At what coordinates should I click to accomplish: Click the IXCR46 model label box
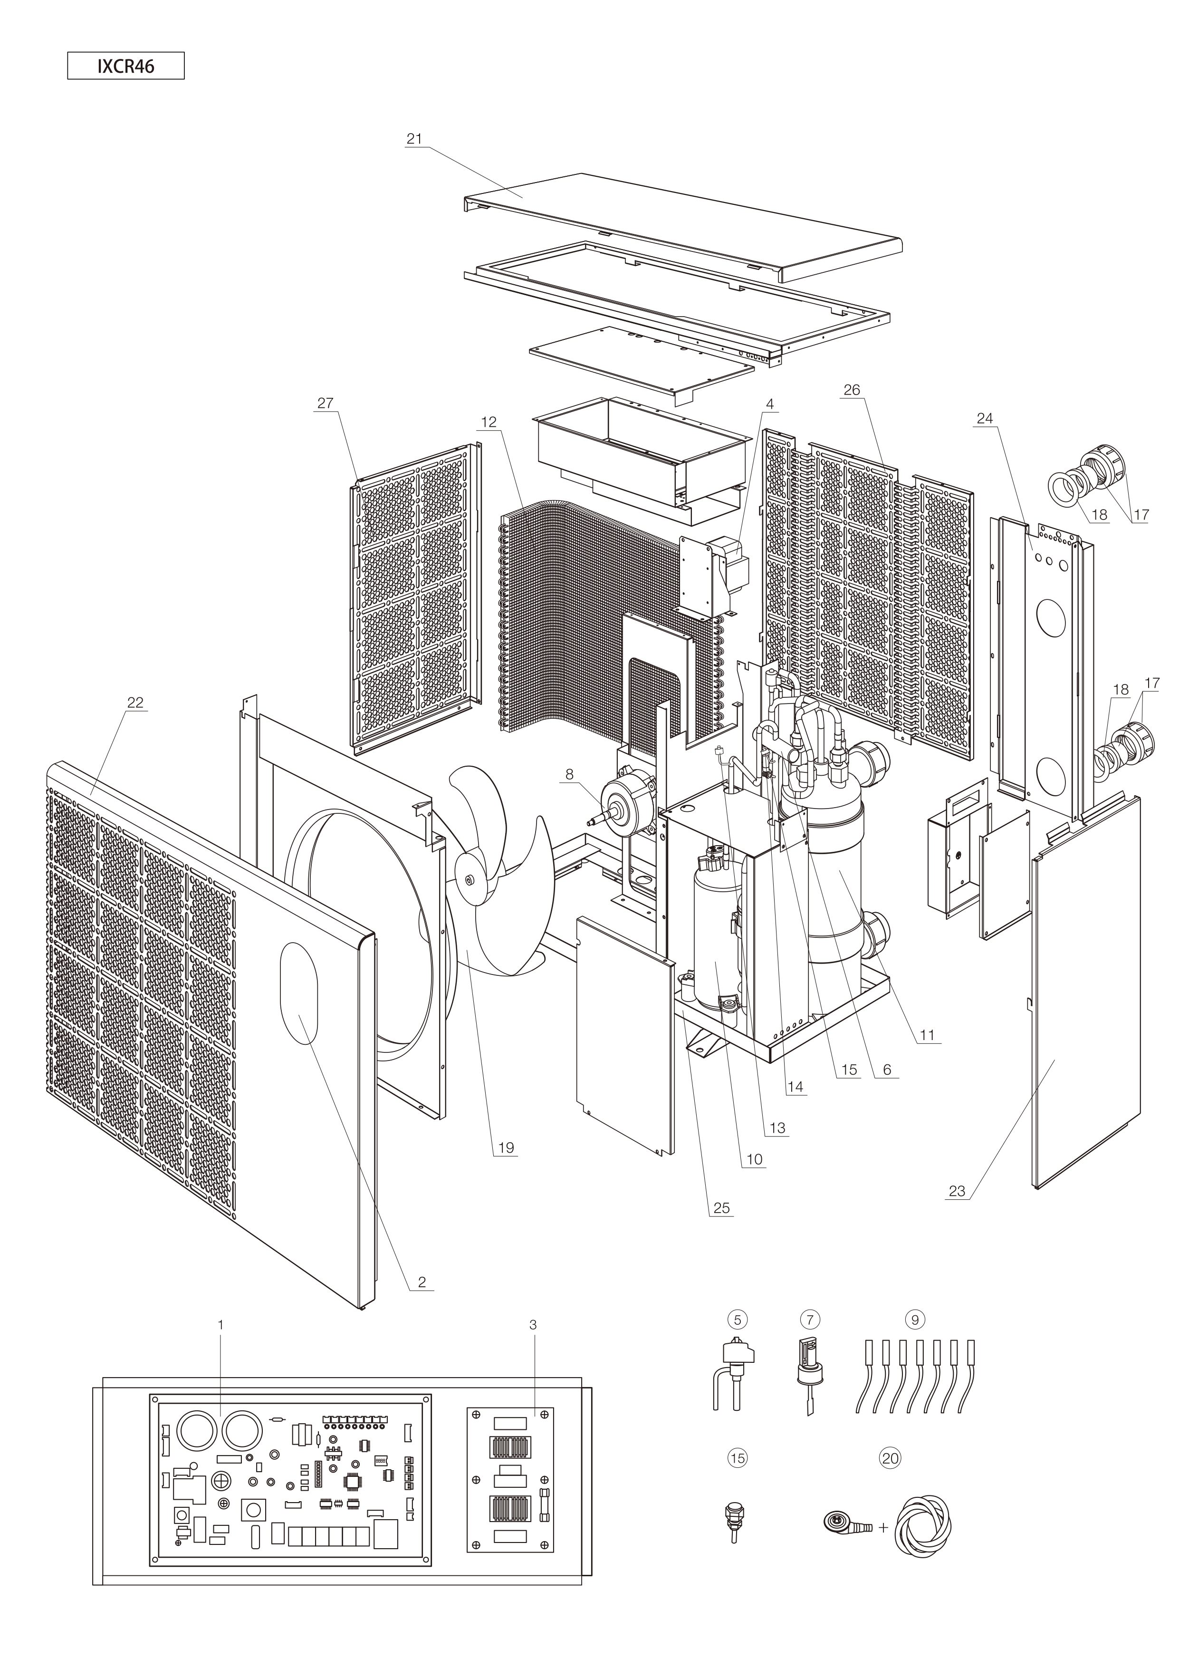tap(125, 66)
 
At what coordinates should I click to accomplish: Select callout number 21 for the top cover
tap(414, 139)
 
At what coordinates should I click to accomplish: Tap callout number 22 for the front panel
tap(135, 703)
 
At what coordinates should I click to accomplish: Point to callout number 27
tap(325, 403)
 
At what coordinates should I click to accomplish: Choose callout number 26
tap(852, 390)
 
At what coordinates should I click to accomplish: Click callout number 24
tap(984, 418)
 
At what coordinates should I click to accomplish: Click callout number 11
tap(927, 1034)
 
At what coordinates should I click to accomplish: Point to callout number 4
tap(770, 404)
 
